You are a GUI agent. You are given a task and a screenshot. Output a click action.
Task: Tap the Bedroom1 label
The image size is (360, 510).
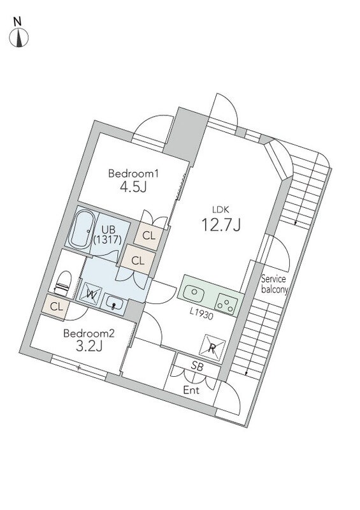pos(133,173)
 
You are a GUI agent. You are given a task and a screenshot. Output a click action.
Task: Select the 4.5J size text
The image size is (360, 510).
pos(133,187)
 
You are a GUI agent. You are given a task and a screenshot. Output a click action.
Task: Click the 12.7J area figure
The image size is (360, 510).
pos(221,224)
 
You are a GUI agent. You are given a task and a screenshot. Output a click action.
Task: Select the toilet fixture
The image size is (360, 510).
pos(63,283)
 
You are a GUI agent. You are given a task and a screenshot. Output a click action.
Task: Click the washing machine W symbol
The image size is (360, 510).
pos(91,295)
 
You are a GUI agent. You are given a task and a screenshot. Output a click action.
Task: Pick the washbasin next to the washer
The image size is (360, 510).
pos(114,304)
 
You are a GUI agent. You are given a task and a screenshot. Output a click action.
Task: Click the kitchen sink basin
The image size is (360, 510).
pos(194,293)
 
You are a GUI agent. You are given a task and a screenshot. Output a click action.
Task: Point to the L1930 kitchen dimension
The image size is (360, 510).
pos(201,314)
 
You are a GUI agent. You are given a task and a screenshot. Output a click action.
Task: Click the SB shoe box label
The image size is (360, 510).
pos(197,367)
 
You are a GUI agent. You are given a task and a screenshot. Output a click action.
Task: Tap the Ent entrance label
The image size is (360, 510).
pos(191,390)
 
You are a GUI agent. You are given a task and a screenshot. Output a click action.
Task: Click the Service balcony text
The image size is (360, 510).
pos(275,284)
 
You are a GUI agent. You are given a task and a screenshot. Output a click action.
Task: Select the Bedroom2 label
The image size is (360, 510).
pos(89,333)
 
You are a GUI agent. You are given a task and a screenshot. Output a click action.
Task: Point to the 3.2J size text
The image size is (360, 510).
pos(89,346)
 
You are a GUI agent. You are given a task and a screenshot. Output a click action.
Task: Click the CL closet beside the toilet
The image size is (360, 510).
pos(56,307)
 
